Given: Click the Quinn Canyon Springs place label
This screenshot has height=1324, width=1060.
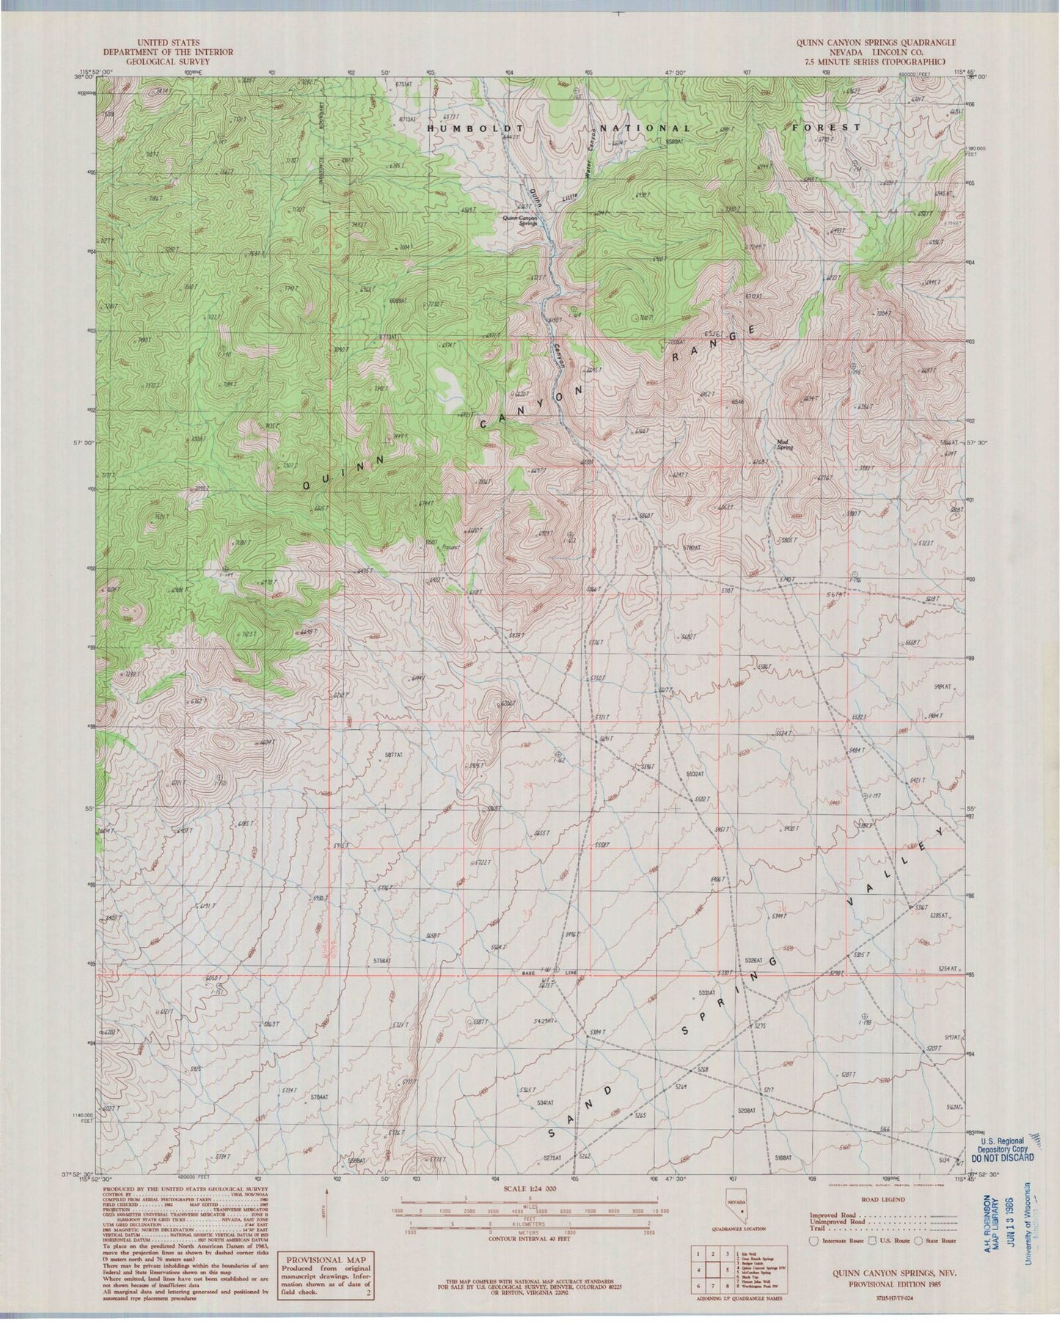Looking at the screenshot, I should pos(520,219).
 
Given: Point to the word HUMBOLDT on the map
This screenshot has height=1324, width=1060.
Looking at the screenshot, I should pos(467,128).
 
